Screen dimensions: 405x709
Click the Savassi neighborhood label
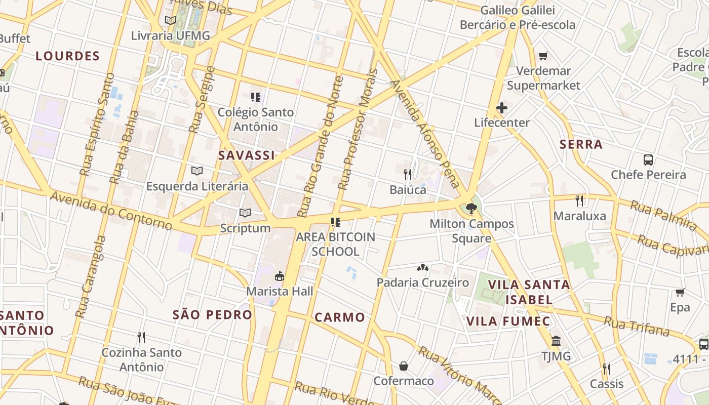pos(247,155)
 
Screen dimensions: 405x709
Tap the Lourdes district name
pos(67,56)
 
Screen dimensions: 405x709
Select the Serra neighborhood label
pos(581,144)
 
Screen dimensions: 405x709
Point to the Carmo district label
pos(340,317)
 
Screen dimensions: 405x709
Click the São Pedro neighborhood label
pos(212,314)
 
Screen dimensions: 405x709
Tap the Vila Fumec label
pos(508,321)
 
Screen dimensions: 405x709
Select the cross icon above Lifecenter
pos(502,107)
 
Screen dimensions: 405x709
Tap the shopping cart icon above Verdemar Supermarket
pos(543,56)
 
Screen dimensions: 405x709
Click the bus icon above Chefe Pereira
pos(648,160)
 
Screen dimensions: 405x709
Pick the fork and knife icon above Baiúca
pos(408,175)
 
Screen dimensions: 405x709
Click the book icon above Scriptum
pos(245,213)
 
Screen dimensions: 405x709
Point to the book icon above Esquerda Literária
pos(197,171)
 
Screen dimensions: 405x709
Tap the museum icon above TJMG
pos(556,341)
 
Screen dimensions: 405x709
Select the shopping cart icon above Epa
pos(680,292)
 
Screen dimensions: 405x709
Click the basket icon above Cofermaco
pos(404,366)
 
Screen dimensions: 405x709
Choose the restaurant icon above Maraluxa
pos(580,200)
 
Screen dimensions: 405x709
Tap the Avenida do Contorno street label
pos(111,210)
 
